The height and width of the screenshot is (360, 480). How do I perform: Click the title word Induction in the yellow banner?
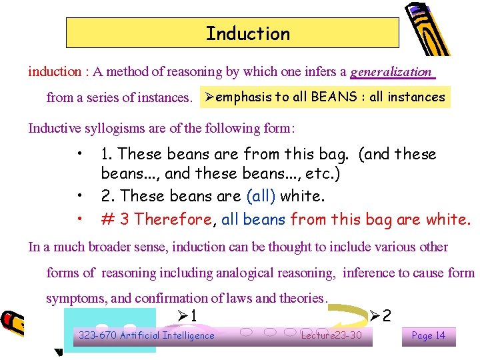[x=248, y=33]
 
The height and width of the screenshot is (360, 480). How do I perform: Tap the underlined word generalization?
[x=391, y=72]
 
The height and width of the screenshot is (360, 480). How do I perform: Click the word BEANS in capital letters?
[x=333, y=97]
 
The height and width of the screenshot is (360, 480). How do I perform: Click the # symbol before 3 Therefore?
[x=107, y=219]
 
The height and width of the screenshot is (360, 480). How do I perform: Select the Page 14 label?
[x=429, y=335]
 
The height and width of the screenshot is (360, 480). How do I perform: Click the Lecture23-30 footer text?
[x=331, y=335]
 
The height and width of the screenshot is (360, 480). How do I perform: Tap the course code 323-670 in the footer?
[x=97, y=335]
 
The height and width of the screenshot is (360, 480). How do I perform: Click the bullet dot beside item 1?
[x=80, y=155]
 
